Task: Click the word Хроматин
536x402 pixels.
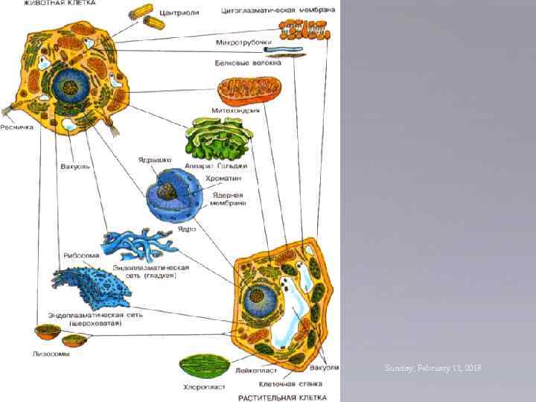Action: (227, 179)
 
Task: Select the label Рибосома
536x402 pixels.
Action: (77, 253)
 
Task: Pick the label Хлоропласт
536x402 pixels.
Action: (202, 387)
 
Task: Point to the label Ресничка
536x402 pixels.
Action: (17, 127)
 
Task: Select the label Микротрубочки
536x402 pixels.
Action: (242, 42)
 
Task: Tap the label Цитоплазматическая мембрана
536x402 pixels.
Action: (278, 10)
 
